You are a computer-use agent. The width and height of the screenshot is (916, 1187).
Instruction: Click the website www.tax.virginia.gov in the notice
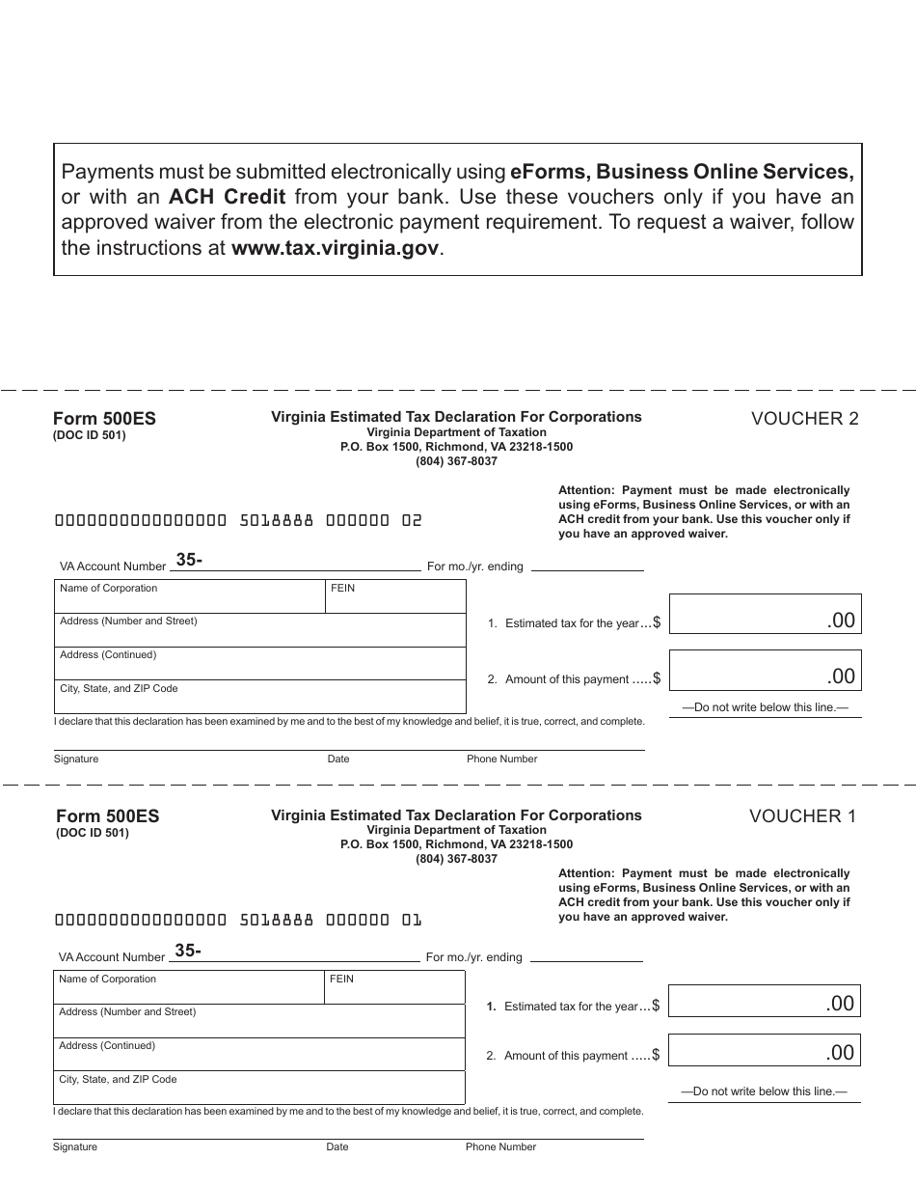[x=336, y=247]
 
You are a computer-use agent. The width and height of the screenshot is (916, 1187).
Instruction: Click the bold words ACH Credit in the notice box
[x=227, y=197]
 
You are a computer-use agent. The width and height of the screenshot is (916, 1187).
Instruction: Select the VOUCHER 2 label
[x=804, y=418]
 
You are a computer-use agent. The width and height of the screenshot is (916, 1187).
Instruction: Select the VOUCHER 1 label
[x=802, y=815]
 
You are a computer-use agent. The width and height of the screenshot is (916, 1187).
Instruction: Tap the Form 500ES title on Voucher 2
[x=103, y=419]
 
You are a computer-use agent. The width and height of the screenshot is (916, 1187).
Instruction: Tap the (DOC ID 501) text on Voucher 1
[x=92, y=833]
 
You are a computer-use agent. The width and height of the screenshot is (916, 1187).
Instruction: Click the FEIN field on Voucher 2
[x=396, y=597]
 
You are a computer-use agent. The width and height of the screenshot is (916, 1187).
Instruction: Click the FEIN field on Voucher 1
[x=395, y=988]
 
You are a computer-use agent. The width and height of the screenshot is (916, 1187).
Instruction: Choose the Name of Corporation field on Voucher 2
[x=190, y=597]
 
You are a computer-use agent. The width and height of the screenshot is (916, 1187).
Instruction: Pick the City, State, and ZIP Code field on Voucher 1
[x=258, y=1087]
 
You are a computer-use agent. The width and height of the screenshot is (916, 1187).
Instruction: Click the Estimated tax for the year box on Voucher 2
[x=764, y=614]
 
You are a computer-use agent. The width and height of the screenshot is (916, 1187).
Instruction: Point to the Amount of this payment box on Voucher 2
[x=764, y=670]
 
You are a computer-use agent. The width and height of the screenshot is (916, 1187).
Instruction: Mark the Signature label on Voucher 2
[x=76, y=759]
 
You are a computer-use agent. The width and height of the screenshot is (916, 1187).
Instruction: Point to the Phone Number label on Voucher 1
[x=500, y=1146]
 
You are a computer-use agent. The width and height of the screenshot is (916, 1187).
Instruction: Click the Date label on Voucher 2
[x=338, y=759]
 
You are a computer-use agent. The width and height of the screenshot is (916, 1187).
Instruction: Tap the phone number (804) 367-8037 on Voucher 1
[x=456, y=859]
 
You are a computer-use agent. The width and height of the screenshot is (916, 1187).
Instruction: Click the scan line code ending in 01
[x=238, y=920]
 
